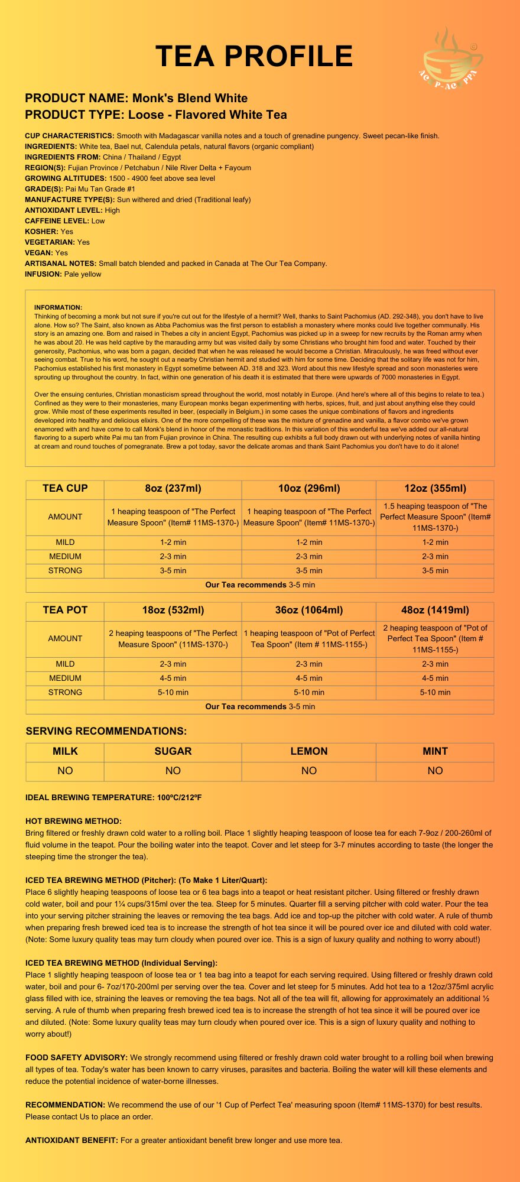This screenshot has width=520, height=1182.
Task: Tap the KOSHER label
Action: coord(41,232)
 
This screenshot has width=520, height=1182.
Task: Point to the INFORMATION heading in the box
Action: coord(58,307)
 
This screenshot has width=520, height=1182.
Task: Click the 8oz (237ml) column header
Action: coord(173,489)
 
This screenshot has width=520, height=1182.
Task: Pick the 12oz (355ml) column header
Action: coord(435,489)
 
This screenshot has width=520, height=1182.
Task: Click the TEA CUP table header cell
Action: coord(65,489)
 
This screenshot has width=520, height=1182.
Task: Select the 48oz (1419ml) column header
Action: coord(435,611)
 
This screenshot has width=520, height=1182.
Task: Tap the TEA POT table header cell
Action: coord(65,611)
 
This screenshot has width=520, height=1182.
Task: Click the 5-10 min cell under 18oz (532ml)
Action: coord(173,693)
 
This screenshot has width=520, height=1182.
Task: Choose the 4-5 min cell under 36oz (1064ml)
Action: coord(309,678)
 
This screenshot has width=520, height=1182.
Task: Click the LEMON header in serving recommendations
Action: coord(309,752)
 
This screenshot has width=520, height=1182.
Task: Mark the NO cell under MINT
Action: coord(435,771)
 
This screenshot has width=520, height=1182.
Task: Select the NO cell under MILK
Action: coord(65,771)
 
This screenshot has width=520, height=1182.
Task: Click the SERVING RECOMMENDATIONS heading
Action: coord(106,732)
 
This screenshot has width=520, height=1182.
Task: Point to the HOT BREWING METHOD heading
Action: coord(73,821)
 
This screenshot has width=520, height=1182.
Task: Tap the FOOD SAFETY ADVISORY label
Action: coord(76,1058)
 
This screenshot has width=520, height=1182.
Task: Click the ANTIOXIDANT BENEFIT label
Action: coord(71,1141)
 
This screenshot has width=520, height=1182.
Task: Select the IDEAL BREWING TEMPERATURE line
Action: coord(113,798)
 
